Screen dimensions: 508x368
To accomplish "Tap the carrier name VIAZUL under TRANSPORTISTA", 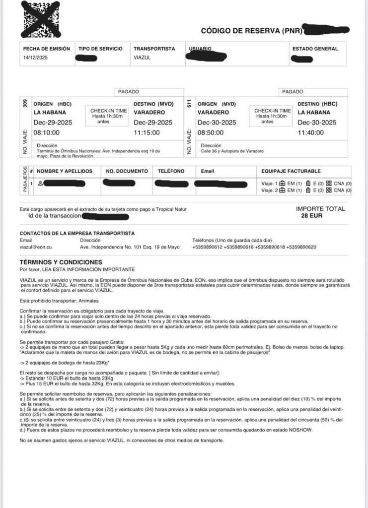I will coord(142,58).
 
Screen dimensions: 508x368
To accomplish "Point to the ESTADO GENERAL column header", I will coord(315,49).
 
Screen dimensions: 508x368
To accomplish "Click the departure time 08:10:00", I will coord(46,132).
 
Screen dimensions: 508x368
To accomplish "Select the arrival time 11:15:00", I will coord(147,132).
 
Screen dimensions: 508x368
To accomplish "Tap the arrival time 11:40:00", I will coord(311,132).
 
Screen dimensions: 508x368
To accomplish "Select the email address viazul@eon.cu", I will coord(36,247).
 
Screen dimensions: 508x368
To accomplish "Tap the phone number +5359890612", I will coord(207,247).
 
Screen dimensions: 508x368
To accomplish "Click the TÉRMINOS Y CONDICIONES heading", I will coord(61,262).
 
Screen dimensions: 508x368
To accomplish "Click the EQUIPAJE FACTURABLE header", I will coord(291,171).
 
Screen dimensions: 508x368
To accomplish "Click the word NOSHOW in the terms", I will coord(298,431).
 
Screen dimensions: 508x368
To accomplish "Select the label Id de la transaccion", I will coord(55,217).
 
